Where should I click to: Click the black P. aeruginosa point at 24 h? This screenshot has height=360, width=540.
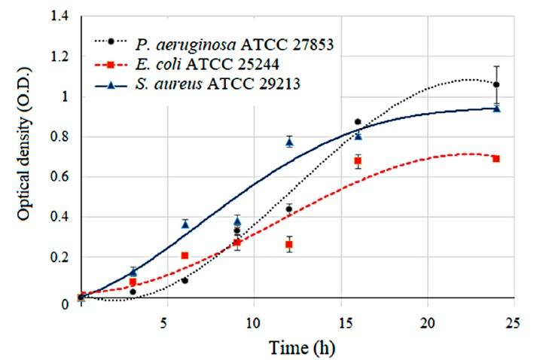[x=496, y=84]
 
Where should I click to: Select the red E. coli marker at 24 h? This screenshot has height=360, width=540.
[x=496, y=159]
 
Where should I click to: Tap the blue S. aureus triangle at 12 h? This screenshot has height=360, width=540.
[x=289, y=142]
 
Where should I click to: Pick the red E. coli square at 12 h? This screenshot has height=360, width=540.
[x=289, y=245]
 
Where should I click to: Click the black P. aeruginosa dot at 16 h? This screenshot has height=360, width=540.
[x=358, y=121]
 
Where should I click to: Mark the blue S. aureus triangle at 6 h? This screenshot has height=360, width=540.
[x=185, y=224]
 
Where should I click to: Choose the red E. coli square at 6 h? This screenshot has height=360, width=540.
[x=185, y=256]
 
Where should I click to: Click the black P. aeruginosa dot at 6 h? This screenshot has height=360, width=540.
[x=185, y=280]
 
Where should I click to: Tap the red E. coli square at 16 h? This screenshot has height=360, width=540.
[x=358, y=161]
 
